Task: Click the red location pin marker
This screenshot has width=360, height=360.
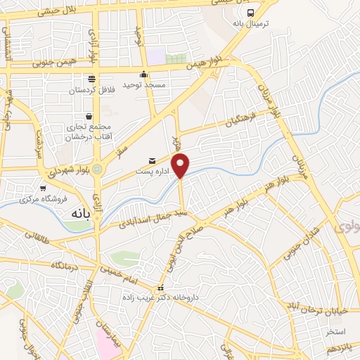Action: [181, 166]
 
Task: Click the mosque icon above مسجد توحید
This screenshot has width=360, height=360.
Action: [144, 75]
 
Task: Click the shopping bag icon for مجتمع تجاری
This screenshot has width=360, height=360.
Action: [89, 116]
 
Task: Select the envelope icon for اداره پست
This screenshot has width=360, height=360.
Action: [153, 160]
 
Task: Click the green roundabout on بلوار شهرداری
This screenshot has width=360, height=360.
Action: [97, 169]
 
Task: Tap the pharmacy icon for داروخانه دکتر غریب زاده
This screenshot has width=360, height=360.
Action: [161, 288]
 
